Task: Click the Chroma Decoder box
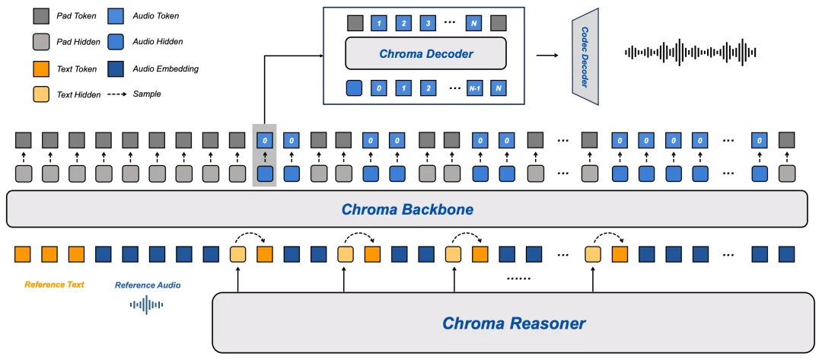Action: [x=425, y=54]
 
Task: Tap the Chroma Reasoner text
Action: [x=514, y=323]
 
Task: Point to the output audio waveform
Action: [x=690, y=53]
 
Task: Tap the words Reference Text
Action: [x=54, y=285]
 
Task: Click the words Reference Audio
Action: [x=147, y=285]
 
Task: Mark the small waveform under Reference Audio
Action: [x=147, y=305]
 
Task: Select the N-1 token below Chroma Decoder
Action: [x=474, y=88]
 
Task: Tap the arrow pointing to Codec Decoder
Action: [x=546, y=55]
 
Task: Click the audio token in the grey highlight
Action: [x=264, y=140]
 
